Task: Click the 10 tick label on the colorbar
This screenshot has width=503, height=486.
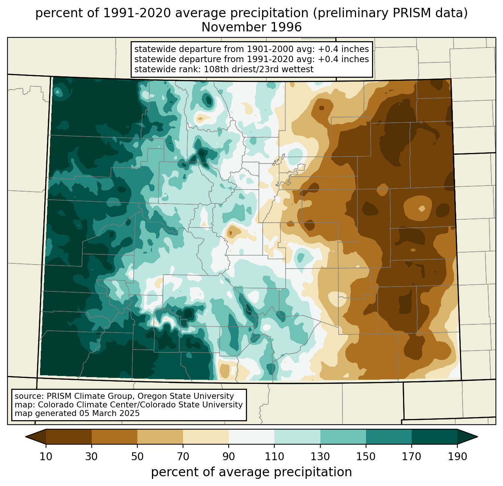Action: click(x=46, y=456)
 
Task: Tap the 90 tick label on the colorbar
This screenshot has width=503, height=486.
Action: click(x=229, y=456)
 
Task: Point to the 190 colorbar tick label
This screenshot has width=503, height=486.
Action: click(x=457, y=456)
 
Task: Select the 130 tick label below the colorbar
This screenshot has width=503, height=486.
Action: click(x=320, y=456)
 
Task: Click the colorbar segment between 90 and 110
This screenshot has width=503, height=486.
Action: click(x=251, y=437)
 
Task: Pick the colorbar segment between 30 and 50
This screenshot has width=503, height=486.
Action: click(x=114, y=437)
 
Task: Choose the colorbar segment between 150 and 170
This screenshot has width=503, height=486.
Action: click(x=388, y=437)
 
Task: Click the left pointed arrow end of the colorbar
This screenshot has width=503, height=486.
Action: click(x=36, y=437)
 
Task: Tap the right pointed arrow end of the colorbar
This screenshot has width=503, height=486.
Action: click(x=467, y=437)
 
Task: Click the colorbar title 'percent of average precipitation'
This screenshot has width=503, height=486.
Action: click(x=251, y=472)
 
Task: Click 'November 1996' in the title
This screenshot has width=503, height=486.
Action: click(x=251, y=27)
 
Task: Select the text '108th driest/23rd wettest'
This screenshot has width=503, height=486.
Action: click(x=259, y=69)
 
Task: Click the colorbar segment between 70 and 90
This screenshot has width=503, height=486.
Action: click(x=206, y=437)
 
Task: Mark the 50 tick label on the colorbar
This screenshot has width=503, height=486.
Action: click(x=137, y=456)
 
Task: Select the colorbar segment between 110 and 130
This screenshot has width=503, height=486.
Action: click(x=297, y=437)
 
